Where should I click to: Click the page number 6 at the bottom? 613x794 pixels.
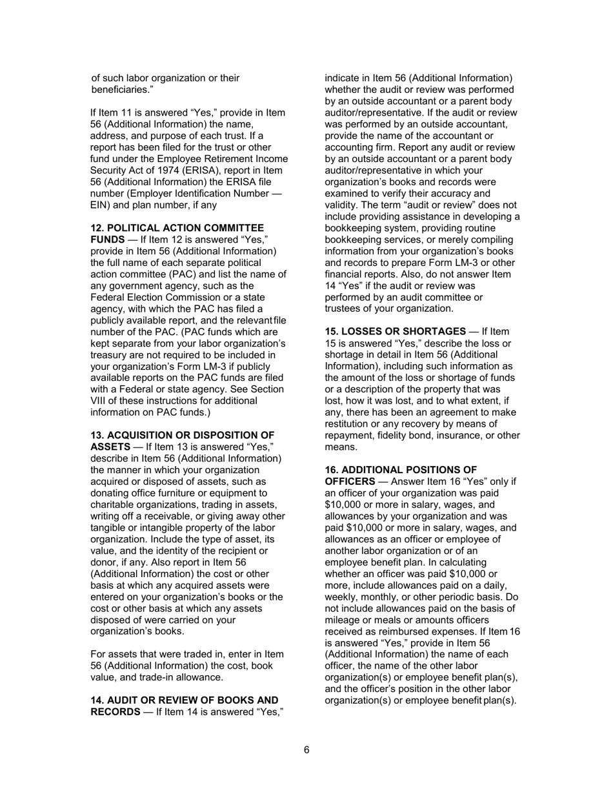(306, 749)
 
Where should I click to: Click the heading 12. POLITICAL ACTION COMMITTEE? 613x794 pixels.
(177, 229)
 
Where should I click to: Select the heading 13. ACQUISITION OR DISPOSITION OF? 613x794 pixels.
(182, 435)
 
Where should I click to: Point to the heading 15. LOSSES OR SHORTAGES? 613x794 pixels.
(395, 332)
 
